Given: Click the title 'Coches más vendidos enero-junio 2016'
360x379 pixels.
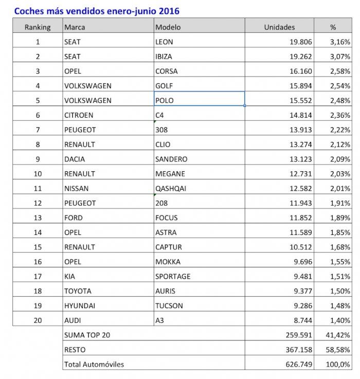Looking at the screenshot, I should tap(97, 10).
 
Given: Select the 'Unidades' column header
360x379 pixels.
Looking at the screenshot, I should tap(279, 27).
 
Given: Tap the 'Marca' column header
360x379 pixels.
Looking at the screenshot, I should tap(75, 27).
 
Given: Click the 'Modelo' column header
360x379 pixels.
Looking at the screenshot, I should tap(168, 27).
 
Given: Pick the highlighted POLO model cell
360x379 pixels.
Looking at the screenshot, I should tap(199, 100).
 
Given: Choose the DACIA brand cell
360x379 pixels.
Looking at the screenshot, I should tap(75, 159).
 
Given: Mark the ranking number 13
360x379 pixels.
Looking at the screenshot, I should tap(38, 218).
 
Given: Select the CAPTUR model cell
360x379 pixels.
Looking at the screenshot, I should tap(168, 247).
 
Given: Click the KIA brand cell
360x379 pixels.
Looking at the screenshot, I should tap(70, 276).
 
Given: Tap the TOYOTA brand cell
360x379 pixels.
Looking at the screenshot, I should tap(78, 291).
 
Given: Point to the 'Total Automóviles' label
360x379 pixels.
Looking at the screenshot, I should tap(94, 364).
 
